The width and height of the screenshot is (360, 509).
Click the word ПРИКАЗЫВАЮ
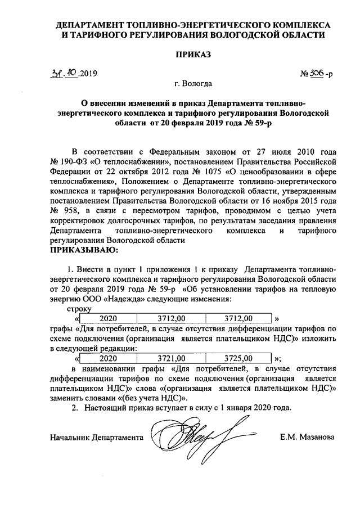[84, 249]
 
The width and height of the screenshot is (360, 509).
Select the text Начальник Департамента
[96, 436]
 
